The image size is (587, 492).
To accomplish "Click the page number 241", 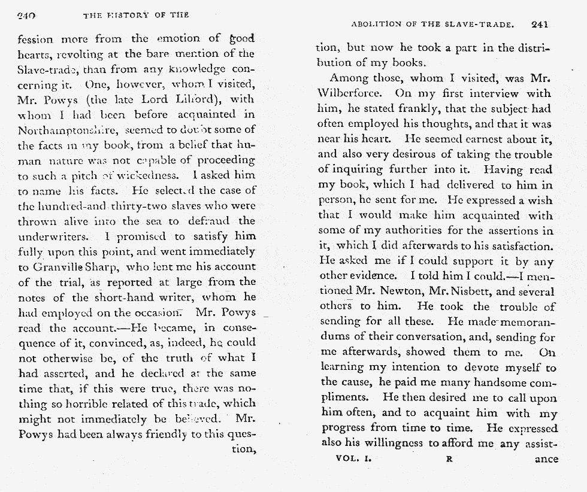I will [540, 25].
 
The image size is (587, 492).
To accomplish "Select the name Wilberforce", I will [353, 94].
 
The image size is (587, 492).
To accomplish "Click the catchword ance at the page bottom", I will [546, 460].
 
